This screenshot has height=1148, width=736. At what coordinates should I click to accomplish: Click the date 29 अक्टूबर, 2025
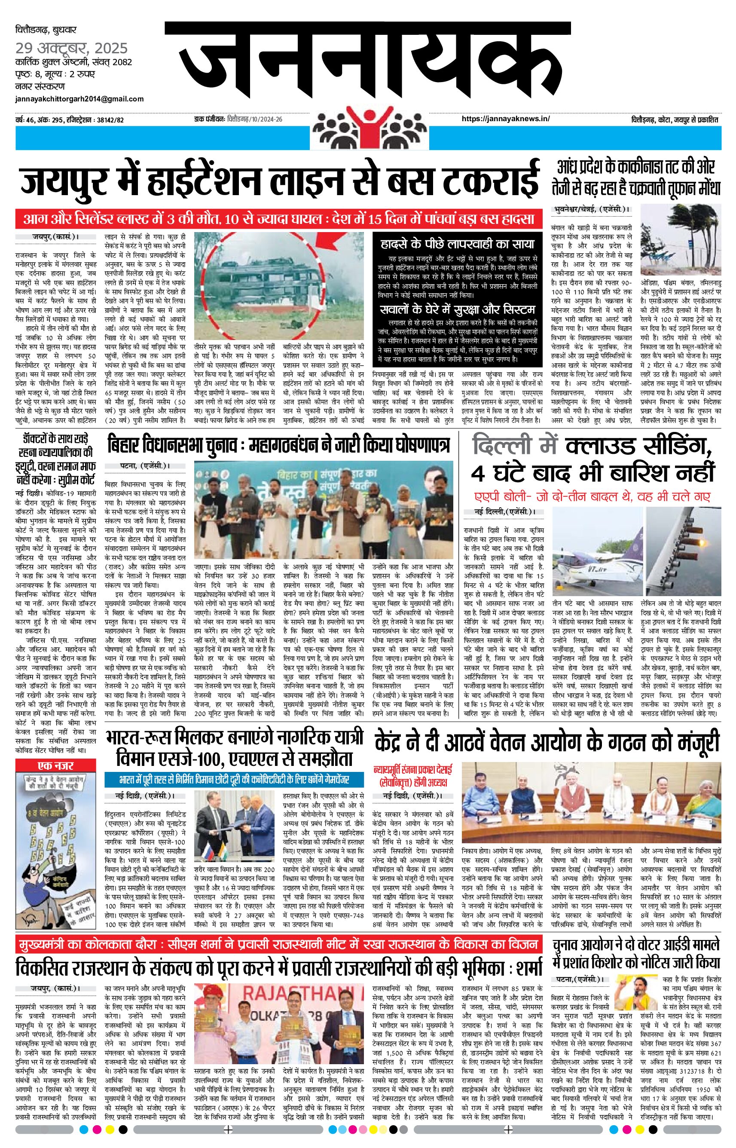click(72, 48)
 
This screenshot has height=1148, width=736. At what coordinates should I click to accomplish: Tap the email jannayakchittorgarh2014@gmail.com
click(79, 99)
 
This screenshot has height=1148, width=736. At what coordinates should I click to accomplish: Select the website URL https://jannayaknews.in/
click(506, 119)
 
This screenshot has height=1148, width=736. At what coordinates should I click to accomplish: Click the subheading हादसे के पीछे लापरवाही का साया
click(458, 244)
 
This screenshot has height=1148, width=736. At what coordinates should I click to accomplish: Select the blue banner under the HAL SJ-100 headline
click(234, 780)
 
